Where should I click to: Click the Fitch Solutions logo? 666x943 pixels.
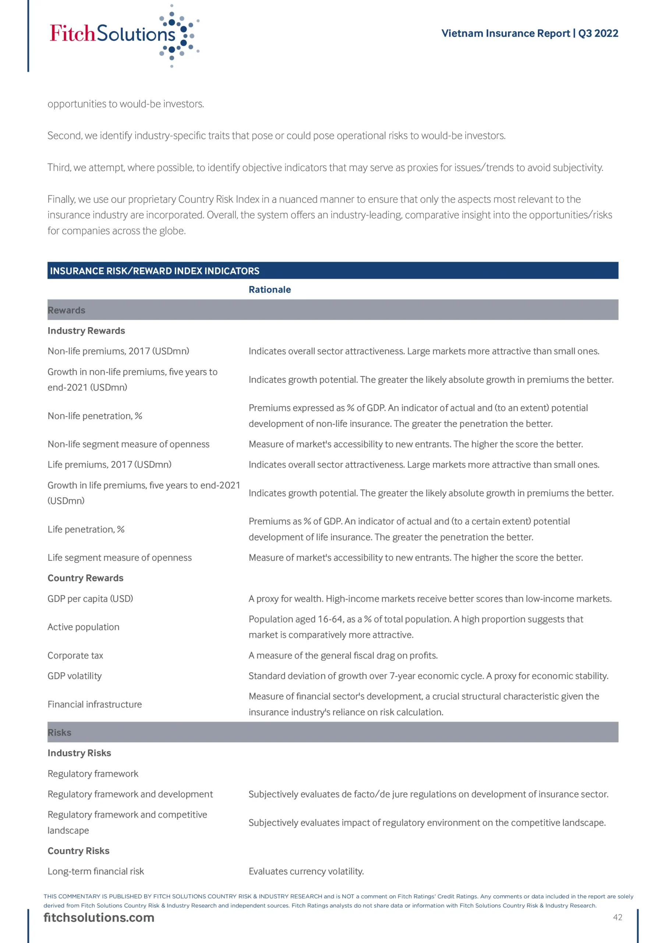point(123,35)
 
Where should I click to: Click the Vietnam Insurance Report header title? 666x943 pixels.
point(529,33)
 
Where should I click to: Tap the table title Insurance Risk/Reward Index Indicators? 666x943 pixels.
point(155,271)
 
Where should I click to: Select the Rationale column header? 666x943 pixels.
point(270,290)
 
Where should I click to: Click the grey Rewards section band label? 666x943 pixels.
point(67,310)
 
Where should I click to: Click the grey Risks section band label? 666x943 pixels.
point(60,732)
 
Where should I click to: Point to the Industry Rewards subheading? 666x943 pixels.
point(86,331)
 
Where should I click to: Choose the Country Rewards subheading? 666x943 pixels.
point(85,578)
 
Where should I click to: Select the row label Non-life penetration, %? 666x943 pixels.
point(95,416)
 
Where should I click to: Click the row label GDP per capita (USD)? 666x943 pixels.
point(90,599)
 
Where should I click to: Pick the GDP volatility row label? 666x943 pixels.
point(75,676)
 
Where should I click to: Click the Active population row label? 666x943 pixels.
point(83,627)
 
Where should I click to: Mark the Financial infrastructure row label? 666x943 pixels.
point(95,704)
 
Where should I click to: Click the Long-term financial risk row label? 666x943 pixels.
point(96,871)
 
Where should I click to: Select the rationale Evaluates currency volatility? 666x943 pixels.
point(306,871)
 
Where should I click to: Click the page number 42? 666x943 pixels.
point(617,917)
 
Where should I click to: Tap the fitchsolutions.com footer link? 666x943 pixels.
point(99,917)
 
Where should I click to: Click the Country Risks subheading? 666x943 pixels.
point(78,851)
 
